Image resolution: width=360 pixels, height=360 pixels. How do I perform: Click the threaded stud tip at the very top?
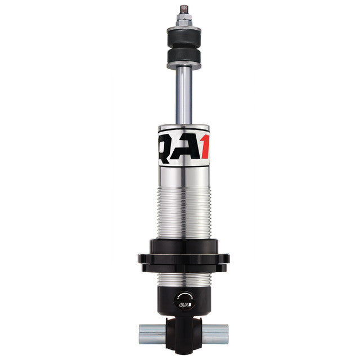click(183, 10)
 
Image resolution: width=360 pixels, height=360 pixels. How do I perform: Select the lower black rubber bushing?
click(183, 56)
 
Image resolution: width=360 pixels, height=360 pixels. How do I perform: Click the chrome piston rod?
click(183, 96)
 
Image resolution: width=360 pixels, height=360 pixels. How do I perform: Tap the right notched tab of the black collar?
click(224, 259)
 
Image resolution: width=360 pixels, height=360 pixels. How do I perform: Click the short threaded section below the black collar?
click(183, 278)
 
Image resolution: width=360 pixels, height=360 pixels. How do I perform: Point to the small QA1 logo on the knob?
click(183, 305)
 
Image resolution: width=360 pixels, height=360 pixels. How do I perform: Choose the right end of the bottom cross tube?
click(220, 334)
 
